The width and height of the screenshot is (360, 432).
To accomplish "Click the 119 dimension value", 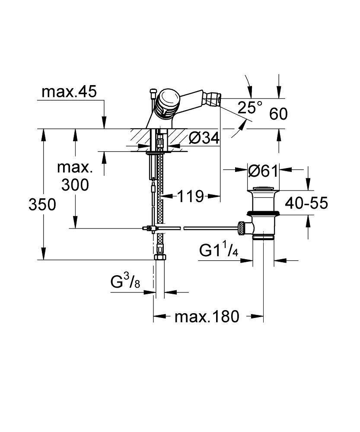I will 190,197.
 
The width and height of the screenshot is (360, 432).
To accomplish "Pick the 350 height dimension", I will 42,204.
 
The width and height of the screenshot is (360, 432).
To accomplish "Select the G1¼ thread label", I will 219,251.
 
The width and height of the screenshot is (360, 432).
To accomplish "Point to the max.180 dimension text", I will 207,317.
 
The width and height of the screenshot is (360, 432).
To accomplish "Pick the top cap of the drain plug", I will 264,188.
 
